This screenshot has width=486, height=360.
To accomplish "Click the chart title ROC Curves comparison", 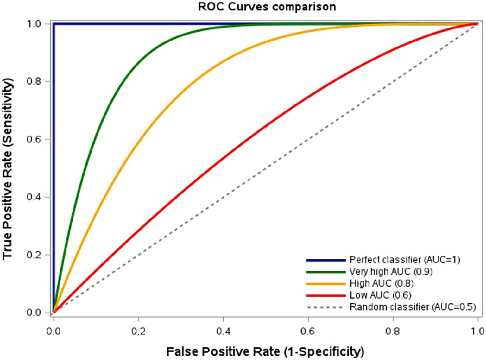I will (x=267, y=7).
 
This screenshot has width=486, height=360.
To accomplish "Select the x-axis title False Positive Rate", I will (x=265, y=351).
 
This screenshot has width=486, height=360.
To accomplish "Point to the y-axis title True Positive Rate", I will (x=8, y=168).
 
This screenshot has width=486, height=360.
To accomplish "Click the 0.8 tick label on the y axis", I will (x=34, y=81).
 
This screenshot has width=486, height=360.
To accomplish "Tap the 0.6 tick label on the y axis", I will (x=34, y=139).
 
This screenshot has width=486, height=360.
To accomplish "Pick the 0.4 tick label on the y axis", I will (x=34, y=197).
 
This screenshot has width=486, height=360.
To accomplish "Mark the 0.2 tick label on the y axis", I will (x=34, y=255).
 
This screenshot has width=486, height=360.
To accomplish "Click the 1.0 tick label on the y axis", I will (x=34, y=24).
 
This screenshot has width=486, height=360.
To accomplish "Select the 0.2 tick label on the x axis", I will (x=138, y=331).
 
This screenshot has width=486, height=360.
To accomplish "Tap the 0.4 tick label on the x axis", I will (x=223, y=331).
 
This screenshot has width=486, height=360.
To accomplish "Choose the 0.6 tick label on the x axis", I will (x=308, y=331).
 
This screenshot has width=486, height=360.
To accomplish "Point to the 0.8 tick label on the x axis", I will (x=393, y=331).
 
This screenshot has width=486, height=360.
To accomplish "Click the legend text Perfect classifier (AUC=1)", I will (x=404, y=260).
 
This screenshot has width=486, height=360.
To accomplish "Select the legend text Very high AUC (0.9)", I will (x=391, y=272).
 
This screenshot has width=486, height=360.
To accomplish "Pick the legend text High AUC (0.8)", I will (x=381, y=283).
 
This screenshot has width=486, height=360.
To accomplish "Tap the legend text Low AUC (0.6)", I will (x=380, y=295).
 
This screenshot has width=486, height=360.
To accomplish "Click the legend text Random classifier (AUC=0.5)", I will (x=412, y=307).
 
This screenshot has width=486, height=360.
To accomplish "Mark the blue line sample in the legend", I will (x=326, y=260).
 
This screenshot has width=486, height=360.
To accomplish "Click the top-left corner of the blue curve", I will (x=54, y=24).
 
